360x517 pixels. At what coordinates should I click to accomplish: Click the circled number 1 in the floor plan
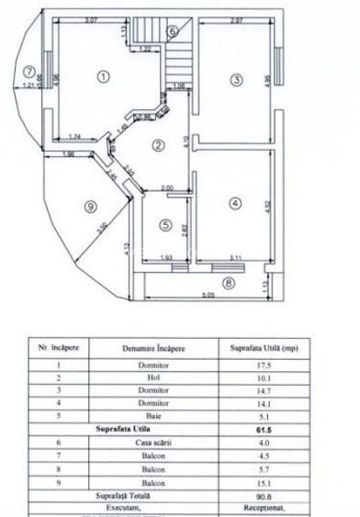point(104,76)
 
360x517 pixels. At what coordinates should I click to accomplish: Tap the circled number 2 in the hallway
point(158,145)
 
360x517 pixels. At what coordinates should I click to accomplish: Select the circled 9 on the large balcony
point(90,207)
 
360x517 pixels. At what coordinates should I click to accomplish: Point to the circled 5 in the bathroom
point(164,225)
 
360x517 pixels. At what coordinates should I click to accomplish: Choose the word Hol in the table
point(153,377)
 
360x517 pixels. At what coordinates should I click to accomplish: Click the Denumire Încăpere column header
point(153,348)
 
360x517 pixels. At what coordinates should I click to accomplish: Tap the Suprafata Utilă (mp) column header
point(264,348)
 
